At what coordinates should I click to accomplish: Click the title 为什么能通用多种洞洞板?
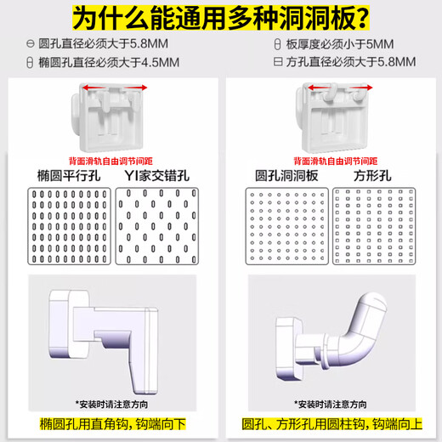coord(221,17)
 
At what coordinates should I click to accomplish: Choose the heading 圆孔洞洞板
coord(287,176)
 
